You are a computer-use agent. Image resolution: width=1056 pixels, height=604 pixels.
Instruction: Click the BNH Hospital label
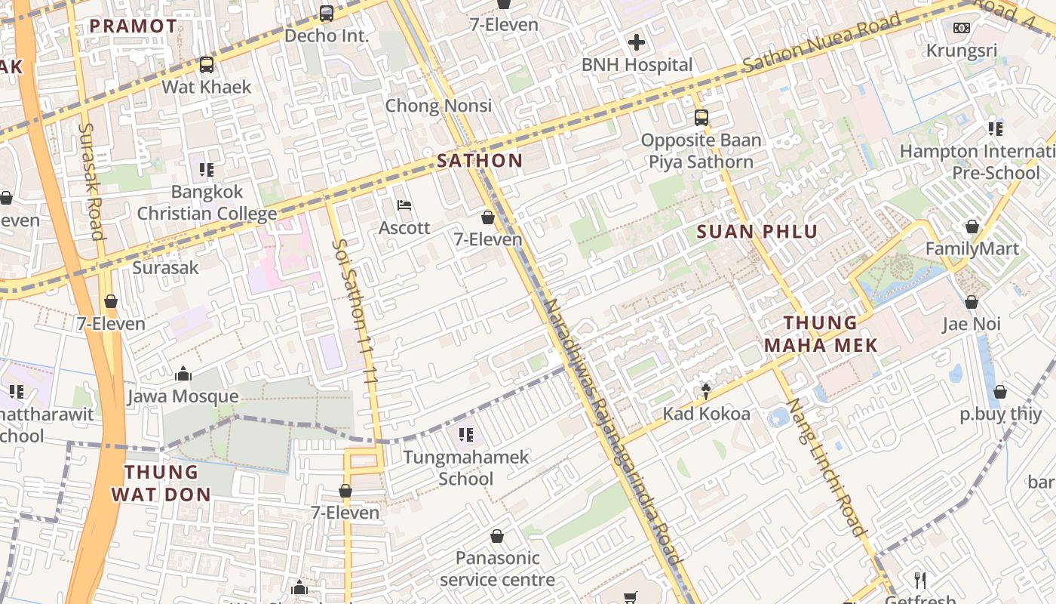(x=637, y=65)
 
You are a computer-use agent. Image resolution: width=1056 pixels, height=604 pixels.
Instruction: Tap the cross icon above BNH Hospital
(x=637, y=42)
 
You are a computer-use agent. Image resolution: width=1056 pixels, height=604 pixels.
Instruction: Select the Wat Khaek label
(x=206, y=87)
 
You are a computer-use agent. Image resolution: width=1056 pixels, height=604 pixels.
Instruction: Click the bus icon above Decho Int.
(x=327, y=13)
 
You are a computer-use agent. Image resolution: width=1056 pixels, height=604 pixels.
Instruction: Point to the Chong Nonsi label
(x=438, y=106)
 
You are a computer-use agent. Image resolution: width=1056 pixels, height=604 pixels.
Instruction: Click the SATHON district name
(x=480, y=160)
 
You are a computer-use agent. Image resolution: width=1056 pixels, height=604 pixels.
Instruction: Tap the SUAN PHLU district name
(x=757, y=232)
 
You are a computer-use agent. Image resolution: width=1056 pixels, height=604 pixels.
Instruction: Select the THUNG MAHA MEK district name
(x=821, y=334)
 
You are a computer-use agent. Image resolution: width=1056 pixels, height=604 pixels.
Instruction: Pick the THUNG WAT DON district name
(x=161, y=483)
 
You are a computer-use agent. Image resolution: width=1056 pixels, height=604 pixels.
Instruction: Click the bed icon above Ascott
(x=404, y=205)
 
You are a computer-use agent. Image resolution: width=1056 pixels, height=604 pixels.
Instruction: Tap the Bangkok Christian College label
(x=207, y=202)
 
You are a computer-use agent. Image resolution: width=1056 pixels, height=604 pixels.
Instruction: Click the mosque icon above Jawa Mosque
(x=183, y=374)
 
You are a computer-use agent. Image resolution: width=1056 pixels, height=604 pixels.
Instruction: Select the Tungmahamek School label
(x=466, y=467)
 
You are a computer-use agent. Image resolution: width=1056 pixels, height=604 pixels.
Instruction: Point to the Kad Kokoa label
(x=706, y=414)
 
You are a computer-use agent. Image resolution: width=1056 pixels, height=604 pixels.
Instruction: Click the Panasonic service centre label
(x=497, y=569)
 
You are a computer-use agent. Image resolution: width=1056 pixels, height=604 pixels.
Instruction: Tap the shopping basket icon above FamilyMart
(x=972, y=226)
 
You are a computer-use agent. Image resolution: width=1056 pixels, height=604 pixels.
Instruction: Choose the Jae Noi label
(x=972, y=325)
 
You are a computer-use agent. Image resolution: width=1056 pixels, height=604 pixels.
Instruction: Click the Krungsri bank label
(x=961, y=51)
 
